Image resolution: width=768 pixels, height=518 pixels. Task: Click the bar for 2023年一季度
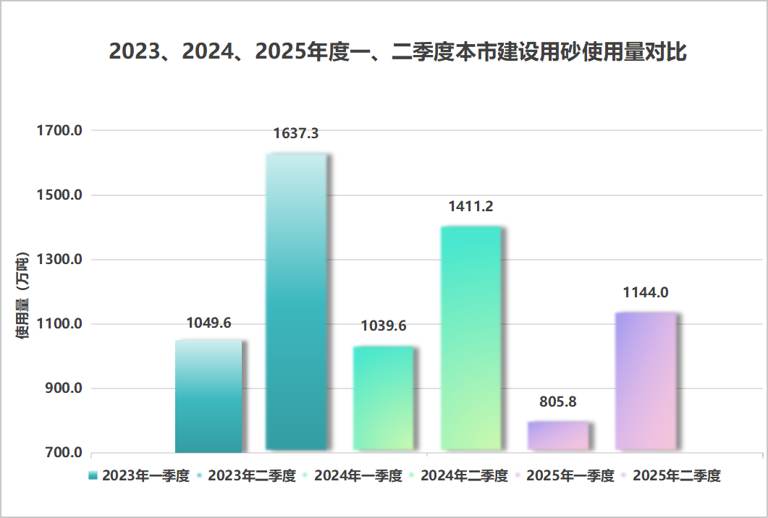coord(208,396)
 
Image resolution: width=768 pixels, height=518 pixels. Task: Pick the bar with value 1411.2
coord(470,338)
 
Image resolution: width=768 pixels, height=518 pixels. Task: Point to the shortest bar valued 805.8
coord(558,436)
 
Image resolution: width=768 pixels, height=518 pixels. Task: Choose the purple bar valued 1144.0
coord(645,381)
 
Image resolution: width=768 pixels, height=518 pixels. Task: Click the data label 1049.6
coord(208,323)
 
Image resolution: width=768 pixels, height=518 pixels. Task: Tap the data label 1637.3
coord(296,134)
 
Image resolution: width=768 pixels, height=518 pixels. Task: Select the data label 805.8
coord(558,402)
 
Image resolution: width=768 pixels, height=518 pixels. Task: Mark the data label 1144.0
coord(645,293)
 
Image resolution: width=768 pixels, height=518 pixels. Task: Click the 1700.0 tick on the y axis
coord(59,131)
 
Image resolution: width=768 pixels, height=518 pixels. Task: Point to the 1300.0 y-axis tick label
coord(59,260)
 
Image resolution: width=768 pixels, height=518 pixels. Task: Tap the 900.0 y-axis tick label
coord(63,388)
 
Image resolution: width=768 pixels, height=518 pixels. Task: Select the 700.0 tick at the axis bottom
coord(63,453)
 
